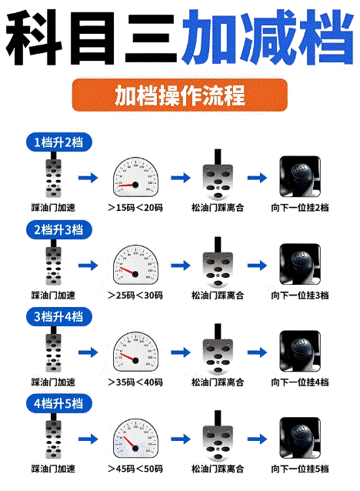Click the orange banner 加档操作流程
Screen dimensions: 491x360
(x=179, y=96)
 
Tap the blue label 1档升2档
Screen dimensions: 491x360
(x=58, y=142)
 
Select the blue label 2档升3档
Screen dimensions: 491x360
(x=58, y=229)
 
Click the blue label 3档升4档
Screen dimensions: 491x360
(x=58, y=316)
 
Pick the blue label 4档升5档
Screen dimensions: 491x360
(x=58, y=402)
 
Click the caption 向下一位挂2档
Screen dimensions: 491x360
(x=300, y=208)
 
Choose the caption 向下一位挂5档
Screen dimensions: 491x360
(x=300, y=469)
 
